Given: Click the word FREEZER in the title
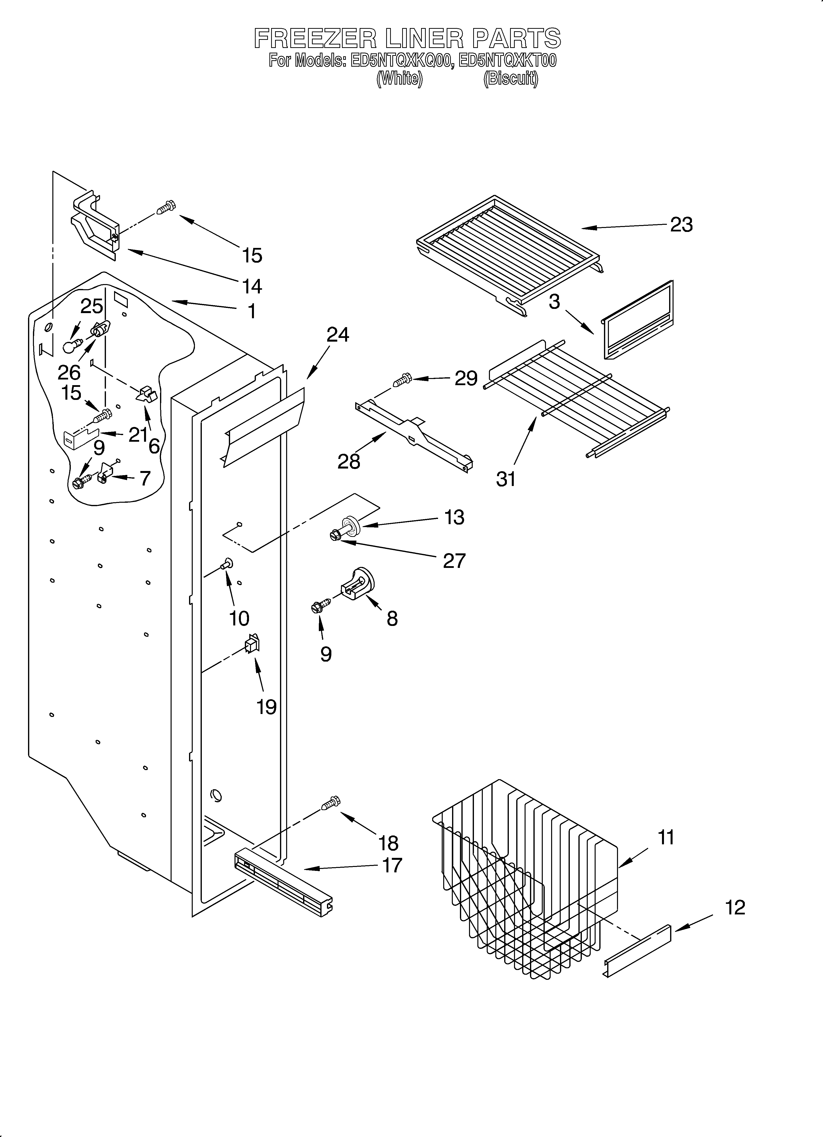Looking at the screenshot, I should [x=315, y=38].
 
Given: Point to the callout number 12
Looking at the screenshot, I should [x=735, y=907].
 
